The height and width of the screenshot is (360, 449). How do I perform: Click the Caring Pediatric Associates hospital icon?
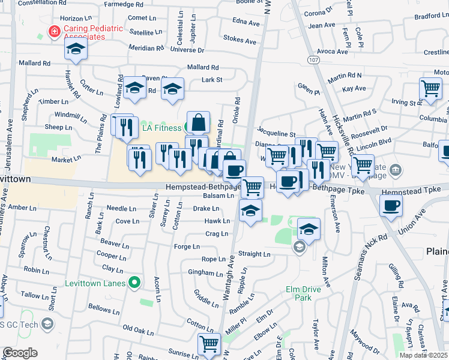pos(55,31)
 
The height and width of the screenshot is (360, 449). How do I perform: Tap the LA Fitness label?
pos(161,128)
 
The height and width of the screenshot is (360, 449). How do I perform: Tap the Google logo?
pos(20,353)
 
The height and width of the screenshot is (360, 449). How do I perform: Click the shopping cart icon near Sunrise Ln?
pos(209,344)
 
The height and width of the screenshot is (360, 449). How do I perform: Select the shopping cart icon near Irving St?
pos(430,89)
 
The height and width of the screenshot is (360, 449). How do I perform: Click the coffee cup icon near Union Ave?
pos(391,205)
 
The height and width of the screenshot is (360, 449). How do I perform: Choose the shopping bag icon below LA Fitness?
pos(198,122)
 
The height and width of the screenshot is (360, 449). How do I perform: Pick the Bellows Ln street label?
pos(103,310)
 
